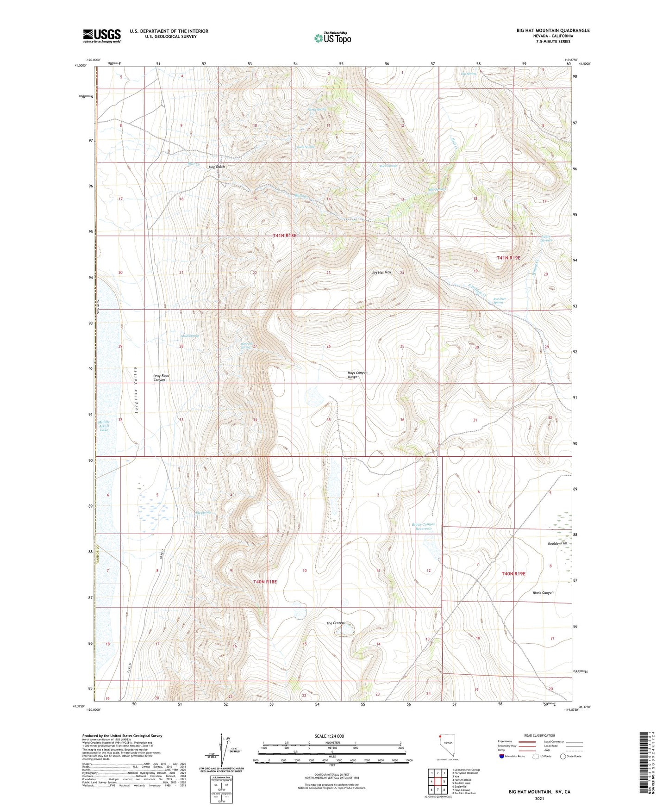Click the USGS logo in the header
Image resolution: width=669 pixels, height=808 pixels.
point(102,36)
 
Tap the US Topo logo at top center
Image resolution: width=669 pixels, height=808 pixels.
point(332,37)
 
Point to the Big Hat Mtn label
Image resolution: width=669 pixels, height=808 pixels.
point(381,273)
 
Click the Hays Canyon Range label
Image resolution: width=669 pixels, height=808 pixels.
point(357,375)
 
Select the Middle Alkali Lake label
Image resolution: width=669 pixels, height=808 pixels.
point(104,426)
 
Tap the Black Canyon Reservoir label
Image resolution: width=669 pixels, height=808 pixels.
point(424,527)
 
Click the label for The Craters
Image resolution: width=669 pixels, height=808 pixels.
point(336,623)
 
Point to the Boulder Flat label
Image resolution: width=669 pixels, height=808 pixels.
point(557,543)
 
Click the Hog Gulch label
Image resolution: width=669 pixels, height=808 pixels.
point(217,167)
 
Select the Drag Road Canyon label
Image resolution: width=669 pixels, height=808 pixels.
point(159,378)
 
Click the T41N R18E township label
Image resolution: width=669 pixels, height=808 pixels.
point(284,236)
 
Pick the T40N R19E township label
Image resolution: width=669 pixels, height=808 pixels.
point(514,573)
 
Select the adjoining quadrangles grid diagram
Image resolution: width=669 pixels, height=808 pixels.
point(438,783)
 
